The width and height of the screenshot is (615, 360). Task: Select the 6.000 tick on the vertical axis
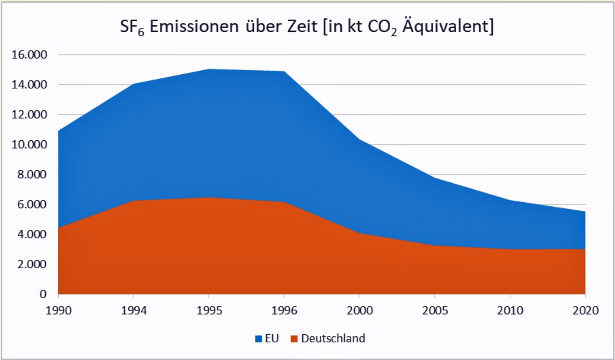(x=29, y=204)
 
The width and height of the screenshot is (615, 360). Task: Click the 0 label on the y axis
(x=43, y=294)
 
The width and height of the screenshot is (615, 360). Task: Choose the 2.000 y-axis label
(x=29, y=264)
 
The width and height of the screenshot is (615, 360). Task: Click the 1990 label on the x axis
(x=59, y=311)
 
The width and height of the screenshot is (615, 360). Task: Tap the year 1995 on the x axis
(x=209, y=311)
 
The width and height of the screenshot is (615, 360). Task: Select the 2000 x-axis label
(x=360, y=311)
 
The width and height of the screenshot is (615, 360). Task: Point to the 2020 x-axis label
(x=585, y=311)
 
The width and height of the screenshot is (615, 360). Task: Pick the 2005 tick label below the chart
(x=435, y=311)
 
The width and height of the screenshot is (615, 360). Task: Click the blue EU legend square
(x=259, y=339)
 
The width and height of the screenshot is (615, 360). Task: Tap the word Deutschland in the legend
(x=332, y=338)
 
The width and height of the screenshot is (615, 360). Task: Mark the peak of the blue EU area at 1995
(x=209, y=69)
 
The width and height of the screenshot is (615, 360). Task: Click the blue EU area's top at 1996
(x=284, y=72)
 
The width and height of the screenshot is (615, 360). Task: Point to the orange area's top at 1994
(x=134, y=201)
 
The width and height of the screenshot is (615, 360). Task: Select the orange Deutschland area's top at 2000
(x=360, y=233)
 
